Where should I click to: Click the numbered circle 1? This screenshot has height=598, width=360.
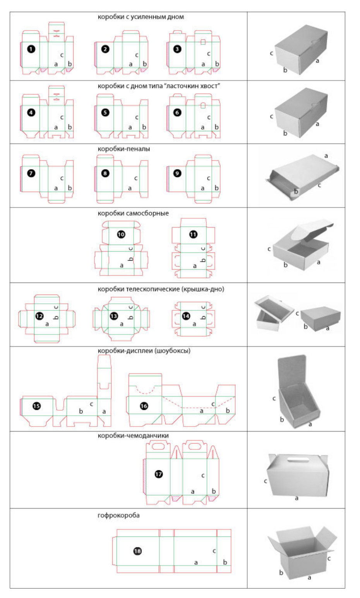pyautogui.click(x=31, y=49)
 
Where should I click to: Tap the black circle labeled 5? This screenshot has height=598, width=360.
pyautogui.click(x=105, y=113)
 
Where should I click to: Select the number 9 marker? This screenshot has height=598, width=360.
pyautogui.click(x=177, y=173)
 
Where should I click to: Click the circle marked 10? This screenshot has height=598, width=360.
pyautogui.click(x=121, y=234)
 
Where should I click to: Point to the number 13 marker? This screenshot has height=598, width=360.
pyautogui.click(x=114, y=316)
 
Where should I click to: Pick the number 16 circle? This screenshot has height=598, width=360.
pyautogui.click(x=144, y=406)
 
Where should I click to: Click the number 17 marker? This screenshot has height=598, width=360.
pyautogui.click(x=159, y=474)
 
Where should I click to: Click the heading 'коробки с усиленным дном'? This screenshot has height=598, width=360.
pyautogui.click(x=141, y=17)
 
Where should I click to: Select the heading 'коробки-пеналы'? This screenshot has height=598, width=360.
pyautogui.click(x=123, y=149)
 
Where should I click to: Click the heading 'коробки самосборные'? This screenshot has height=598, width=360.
pyautogui.click(x=133, y=213)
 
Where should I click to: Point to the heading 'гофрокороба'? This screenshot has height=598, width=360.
pyautogui.click(x=118, y=516)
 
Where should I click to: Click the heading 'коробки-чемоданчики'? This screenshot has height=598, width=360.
pyautogui.click(x=133, y=435)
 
